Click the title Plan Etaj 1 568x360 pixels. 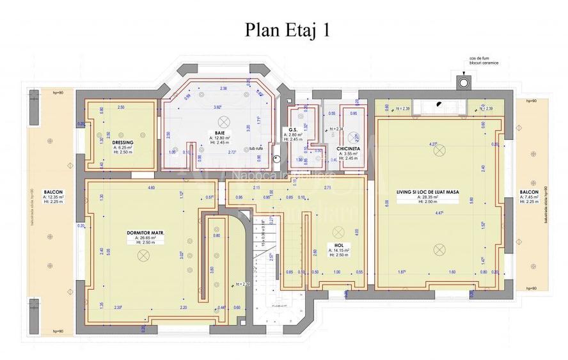tap(287, 30)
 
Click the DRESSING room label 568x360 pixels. tap(122, 141)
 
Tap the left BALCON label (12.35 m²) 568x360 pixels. tap(54, 191)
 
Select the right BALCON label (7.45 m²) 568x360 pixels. tap(528, 191)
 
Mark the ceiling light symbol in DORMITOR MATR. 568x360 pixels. tap(142, 254)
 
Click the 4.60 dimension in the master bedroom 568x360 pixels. tap(152, 188)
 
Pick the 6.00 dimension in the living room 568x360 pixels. tap(386, 203)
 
